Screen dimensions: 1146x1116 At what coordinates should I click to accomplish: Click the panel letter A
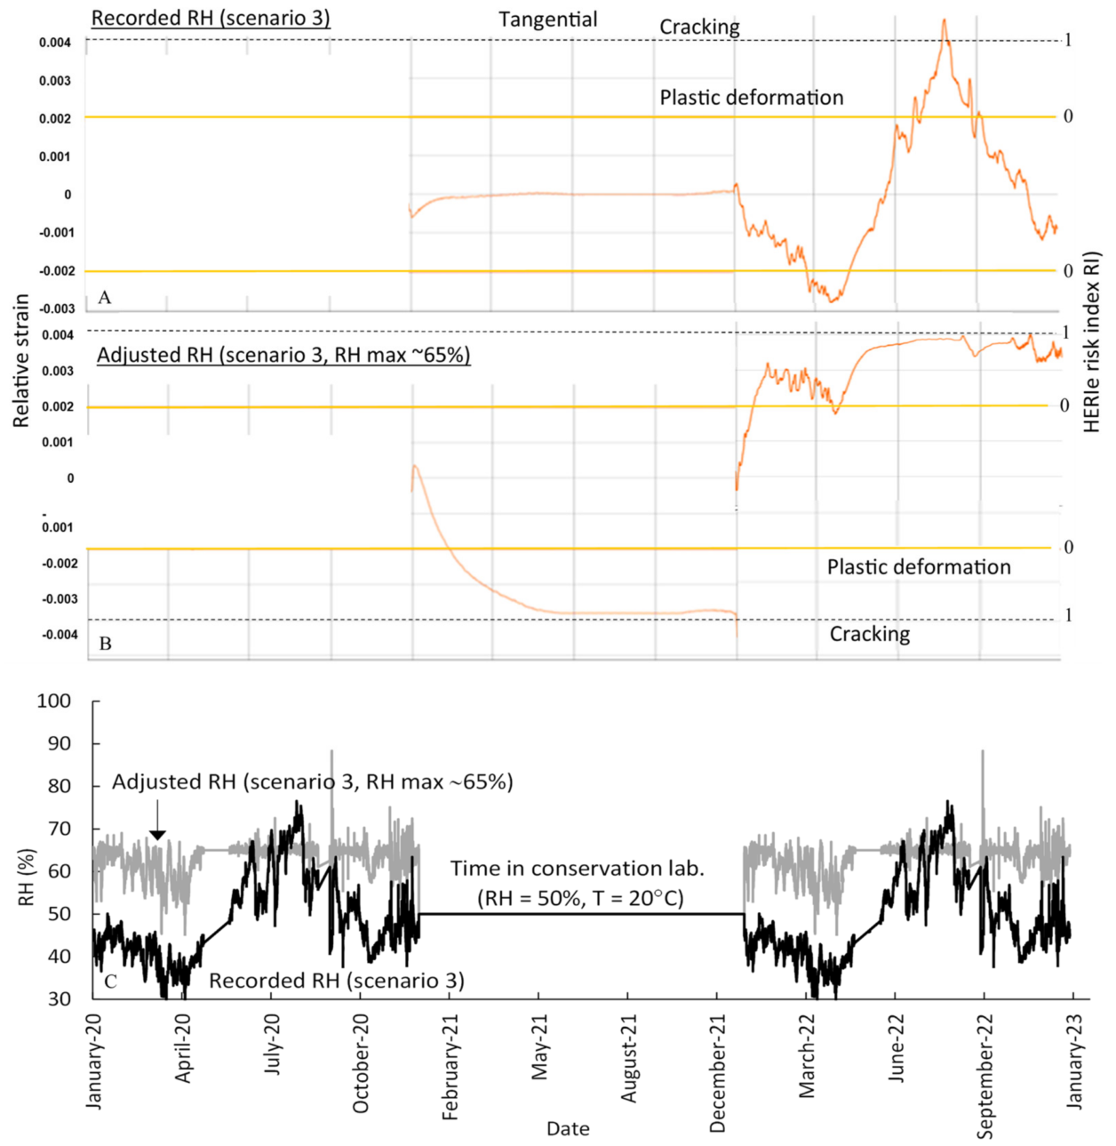(x=105, y=298)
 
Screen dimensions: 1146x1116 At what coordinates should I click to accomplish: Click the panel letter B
(x=105, y=643)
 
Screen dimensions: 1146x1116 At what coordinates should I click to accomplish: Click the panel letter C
(x=110, y=982)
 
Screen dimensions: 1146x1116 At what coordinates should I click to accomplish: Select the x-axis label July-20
(x=272, y=1044)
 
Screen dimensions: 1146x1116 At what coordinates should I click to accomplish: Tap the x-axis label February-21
(x=450, y=1067)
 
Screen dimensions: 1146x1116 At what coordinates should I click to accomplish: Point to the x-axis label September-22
(x=984, y=1076)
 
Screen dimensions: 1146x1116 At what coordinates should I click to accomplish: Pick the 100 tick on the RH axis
(x=53, y=701)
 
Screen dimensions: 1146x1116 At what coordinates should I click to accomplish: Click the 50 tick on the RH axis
(x=59, y=914)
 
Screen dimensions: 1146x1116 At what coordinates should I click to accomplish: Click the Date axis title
(x=568, y=1128)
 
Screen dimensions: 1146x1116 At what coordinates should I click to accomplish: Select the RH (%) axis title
(x=26, y=877)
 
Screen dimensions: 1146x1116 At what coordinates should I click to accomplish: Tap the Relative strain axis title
(x=20, y=361)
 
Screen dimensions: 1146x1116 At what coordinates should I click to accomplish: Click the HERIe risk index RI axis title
(x=1092, y=342)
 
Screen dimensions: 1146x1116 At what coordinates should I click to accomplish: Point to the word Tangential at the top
(x=547, y=20)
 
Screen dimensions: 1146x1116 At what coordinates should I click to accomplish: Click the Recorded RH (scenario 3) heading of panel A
(x=211, y=18)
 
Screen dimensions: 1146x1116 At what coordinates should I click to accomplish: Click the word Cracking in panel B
(x=869, y=634)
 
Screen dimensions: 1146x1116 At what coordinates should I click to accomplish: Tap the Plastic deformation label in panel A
(x=751, y=98)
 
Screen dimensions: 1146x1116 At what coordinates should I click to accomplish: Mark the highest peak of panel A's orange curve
(x=944, y=20)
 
